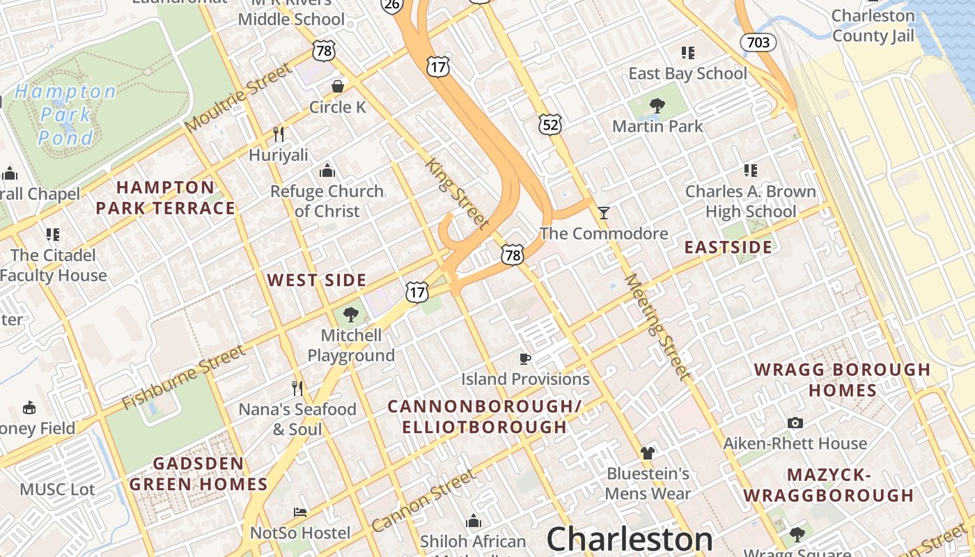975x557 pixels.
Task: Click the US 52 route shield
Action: click(x=549, y=125)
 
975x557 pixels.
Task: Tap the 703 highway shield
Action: click(x=758, y=42)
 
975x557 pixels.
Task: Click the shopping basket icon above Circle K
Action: click(x=338, y=86)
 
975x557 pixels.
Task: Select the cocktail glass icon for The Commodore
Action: click(x=604, y=212)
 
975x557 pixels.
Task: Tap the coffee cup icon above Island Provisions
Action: click(x=525, y=359)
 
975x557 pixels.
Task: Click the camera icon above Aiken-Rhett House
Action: click(x=795, y=423)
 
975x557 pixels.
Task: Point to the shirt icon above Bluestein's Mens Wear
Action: click(x=648, y=453)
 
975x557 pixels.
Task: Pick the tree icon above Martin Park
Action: click(x=657, y=106)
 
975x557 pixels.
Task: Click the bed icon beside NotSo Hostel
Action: click(x=300, y=512)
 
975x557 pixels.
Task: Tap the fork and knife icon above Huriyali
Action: click(x=279, y=134)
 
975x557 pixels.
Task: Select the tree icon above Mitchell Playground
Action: click(x=351, y=315)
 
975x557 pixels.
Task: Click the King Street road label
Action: click(x=457, y=194)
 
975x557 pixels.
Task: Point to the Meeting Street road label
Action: click(x=658, y=327)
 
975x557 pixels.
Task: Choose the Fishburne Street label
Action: click(x=183, y=377)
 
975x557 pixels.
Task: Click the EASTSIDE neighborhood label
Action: click(x=728, y=247)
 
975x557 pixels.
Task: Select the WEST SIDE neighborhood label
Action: click(x=317, y=281)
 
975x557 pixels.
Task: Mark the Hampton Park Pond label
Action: click(x=65, y=114)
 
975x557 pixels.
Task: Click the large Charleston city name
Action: click(x=630, y=539)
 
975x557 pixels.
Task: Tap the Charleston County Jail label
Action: click(x=873, y=26)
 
